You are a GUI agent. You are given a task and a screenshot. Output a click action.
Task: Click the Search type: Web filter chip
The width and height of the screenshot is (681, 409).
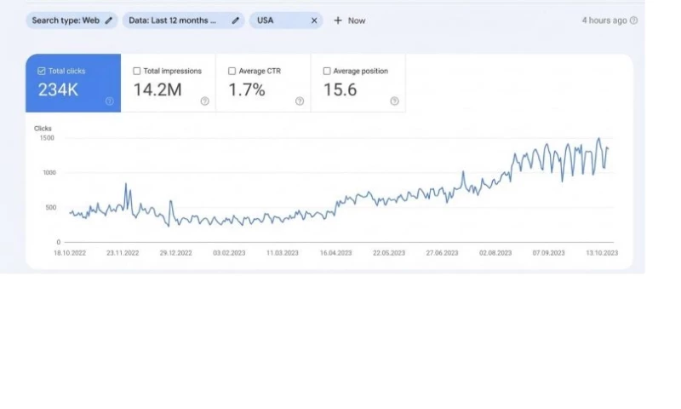click(72, 20)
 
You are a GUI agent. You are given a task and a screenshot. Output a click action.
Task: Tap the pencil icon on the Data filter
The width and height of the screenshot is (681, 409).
click(235, 20)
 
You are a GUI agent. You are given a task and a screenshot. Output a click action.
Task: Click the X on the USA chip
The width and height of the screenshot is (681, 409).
click(313, 20)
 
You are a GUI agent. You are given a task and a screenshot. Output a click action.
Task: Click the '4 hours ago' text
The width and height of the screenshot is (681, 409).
click(604, 20)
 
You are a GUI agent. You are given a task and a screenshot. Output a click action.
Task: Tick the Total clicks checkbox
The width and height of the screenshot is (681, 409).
click(42, 72)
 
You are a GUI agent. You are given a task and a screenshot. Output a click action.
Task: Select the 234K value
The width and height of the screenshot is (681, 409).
click(58, 89)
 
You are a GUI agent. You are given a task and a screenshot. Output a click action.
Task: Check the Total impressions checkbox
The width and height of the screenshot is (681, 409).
click(137, 72)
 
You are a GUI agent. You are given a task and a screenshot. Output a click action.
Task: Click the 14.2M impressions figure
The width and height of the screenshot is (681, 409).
click(157, 89)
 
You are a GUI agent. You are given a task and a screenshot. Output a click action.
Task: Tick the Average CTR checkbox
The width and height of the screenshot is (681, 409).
click(232, 72)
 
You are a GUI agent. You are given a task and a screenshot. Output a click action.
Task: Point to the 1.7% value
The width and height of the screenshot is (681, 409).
click(247, 89)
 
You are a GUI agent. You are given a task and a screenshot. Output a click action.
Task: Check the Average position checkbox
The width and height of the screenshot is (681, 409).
click(328, 72)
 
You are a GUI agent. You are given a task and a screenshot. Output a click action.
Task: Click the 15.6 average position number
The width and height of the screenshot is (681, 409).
click(340, 89)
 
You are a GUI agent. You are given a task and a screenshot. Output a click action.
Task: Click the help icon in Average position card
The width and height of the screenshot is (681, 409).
click(394, 101)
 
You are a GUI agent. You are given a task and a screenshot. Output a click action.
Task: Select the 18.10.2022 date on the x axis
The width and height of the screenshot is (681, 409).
click(70, 253)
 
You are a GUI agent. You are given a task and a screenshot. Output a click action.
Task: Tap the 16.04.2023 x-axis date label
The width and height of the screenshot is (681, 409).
click(335, 253)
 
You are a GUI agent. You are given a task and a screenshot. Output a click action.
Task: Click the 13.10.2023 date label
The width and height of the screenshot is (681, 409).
click(600, 253)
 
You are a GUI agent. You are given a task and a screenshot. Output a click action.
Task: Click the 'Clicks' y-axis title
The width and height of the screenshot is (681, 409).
click(43, 129)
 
